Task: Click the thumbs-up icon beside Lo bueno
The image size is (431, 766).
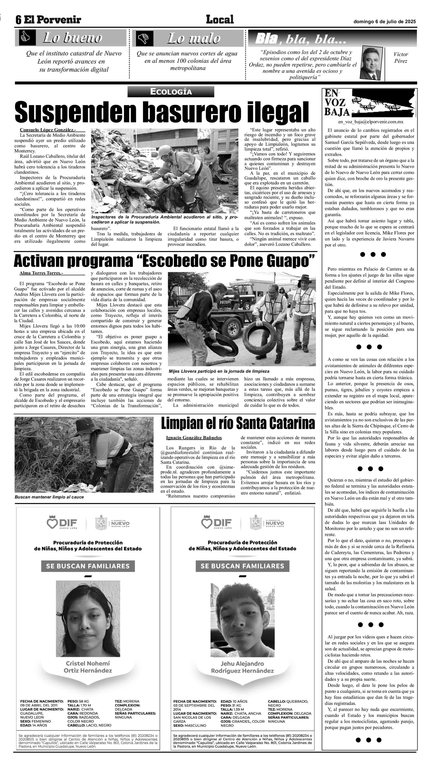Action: [25, 38]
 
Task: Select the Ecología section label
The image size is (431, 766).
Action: [171, 91]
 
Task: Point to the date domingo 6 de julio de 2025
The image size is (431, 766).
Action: [384, 21]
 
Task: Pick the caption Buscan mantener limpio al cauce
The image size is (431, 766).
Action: [49, 497]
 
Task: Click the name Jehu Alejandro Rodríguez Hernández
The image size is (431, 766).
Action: [242, 667]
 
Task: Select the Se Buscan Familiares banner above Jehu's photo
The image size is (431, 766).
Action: [242, 566]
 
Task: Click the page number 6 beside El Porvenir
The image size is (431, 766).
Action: [19, 20]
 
